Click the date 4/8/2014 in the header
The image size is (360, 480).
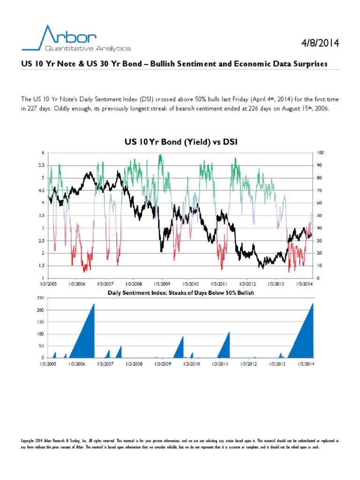tap(320, 43)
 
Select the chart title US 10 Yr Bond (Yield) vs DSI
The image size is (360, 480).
tap(180, 142)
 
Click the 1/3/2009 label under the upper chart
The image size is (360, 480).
tap(162, 284)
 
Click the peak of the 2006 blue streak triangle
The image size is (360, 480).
tap(94, 304)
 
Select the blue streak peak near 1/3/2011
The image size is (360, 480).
tap(229, 332)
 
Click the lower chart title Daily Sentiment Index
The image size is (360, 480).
tap(176, 292)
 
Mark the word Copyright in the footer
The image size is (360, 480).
tap(30, 442)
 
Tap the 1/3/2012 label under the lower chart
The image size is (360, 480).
tap(248, 364)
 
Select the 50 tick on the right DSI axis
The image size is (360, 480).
tap(319, 216)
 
